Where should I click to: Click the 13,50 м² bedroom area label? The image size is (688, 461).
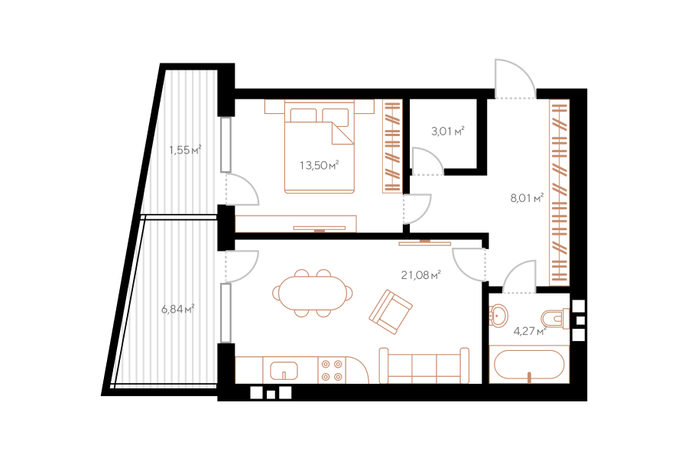[x=320, y=165]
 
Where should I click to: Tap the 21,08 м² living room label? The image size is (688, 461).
[x=420, y=275]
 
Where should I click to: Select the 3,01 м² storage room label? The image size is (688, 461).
[x=447, y=131]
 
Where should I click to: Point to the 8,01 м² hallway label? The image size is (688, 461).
[x=527, y=198]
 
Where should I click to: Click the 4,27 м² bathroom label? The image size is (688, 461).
[x=530, y=331]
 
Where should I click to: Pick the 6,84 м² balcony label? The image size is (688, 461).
[x=177, y=309]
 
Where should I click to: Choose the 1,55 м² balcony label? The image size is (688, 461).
[x=185, y=150]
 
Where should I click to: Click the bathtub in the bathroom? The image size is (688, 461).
[x=529, y=365]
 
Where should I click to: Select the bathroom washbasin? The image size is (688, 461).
[x=498, y=314]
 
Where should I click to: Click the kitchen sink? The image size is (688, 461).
[x=284, y=371]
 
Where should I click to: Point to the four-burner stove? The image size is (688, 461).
[x=332, y=370]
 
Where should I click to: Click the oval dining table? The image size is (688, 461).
[x=312, y=293]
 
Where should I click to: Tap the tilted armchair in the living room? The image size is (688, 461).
[x=391, y=311]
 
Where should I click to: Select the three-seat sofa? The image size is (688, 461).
[x=424, y=365]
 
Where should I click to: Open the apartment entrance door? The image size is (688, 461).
[x=515, y=79]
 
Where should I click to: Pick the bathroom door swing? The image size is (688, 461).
[x=520, y=277]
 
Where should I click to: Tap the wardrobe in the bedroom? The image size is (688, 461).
[x=392, y=146]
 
